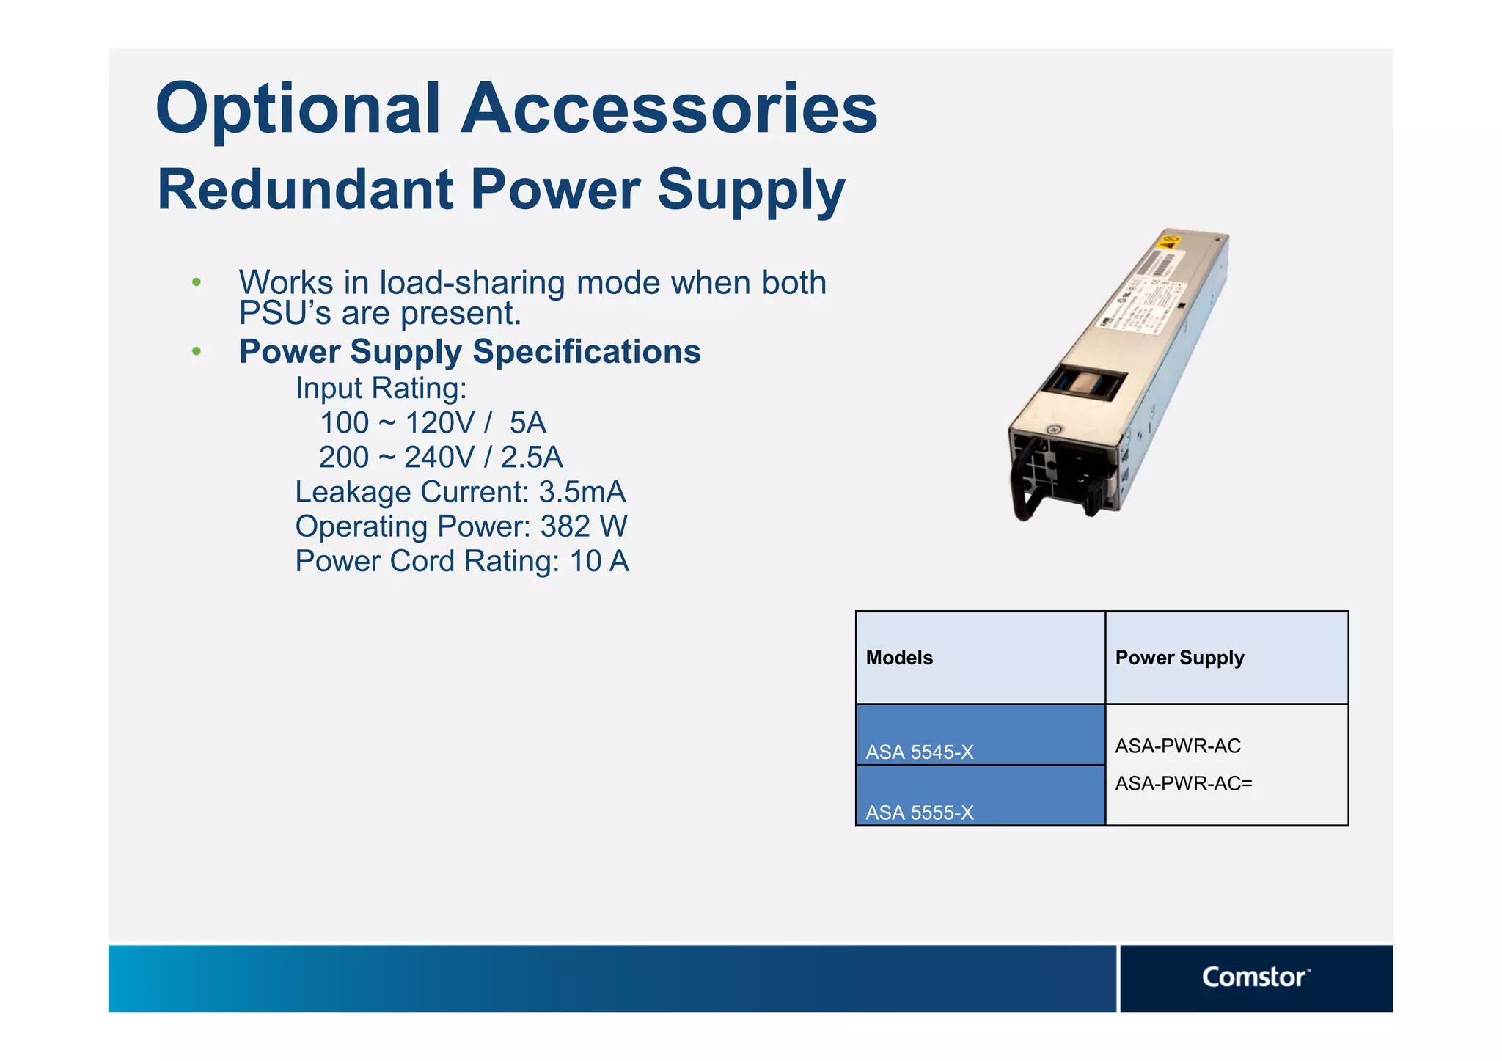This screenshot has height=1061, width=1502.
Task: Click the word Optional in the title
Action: click(298, 109)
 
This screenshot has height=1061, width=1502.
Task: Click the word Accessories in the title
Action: click(669, 109)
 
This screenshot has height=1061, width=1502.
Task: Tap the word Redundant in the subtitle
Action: click(305, 189)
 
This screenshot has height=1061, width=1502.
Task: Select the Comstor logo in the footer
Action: click(1255, 977)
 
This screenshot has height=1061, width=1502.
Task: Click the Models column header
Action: click(899, 658)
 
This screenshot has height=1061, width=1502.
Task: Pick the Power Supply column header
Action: click(1179, 658)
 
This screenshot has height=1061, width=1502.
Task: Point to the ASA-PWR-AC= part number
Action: click(1184, 784)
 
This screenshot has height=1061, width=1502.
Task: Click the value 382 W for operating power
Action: click(584, 526)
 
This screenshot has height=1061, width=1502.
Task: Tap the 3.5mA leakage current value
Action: click(582, 492)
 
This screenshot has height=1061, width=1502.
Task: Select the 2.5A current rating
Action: click(532, 458)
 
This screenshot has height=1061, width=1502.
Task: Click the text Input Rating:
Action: click(381, 389)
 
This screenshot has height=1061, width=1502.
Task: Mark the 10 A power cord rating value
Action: click(599, 562)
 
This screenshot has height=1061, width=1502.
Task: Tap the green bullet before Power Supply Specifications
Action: click(196, 352)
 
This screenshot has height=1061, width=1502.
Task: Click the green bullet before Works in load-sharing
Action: click(196, 283)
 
